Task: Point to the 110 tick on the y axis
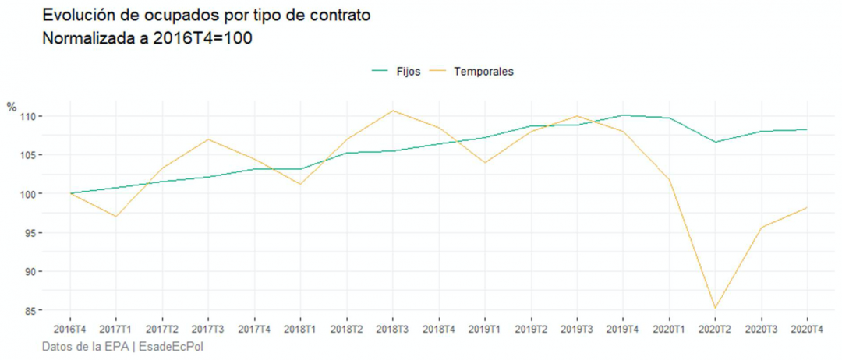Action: [x=31, y=116]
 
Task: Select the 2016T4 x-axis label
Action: [x=70, y=330]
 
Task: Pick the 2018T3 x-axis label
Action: [x=393, y=330]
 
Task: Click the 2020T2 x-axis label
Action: [x=715, y=330]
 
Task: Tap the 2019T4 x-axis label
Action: [x=623, y=330]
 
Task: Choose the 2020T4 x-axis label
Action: [x=807, y=330]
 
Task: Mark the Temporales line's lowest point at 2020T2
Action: [x=715, y=308]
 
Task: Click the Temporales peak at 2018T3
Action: [x=393, y=111]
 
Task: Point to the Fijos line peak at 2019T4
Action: [x=623, y=115]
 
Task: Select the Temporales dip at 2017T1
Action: [x=116, y=216]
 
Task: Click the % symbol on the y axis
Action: [x=11, y=108]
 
